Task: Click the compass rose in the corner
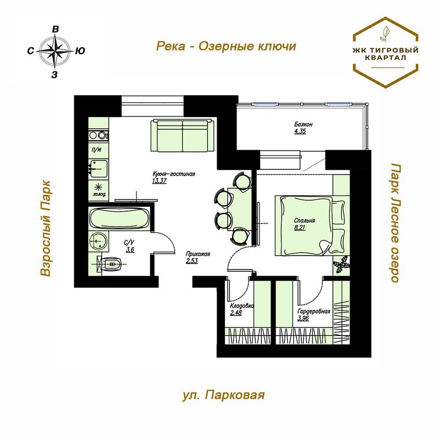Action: (x=55, y=51)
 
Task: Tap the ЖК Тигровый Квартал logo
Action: (x=386, y=52)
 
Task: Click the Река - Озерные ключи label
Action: (x=226, y=47)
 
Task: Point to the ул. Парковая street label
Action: (x=224, y=395)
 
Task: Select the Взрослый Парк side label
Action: (x=45, y=228)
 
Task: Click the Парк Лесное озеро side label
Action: (x=395, y=223)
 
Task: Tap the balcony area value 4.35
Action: (x=300, y=131)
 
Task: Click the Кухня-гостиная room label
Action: (x=174, y=174)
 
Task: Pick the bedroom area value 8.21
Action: (x=300, y=228)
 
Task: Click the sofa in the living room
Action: (x=183, y=136)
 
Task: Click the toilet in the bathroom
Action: (x=109, y=264)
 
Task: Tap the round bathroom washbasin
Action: (x=98, y=241)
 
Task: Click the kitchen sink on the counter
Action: (x=98, y=169)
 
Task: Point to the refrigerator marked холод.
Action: (x=98, y=190)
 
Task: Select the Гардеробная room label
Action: (x=313, y=311)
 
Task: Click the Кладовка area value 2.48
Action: (x=236, y=313)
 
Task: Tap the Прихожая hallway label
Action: (x=198, y=254)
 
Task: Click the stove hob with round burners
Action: (x=98, y=135)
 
